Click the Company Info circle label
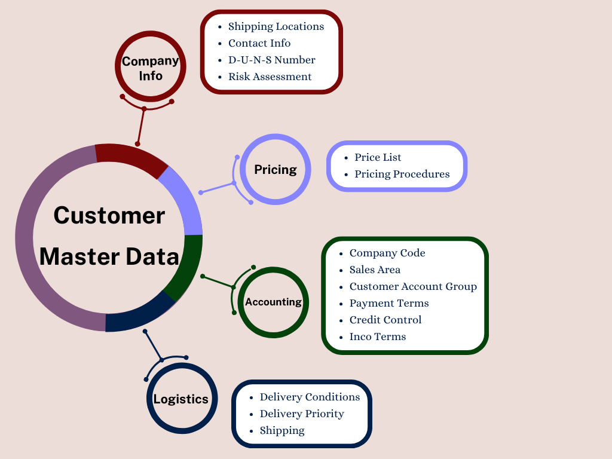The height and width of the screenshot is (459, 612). (151, 68)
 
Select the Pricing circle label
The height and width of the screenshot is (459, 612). (275, 169)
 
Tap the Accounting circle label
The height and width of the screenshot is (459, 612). (273, 302)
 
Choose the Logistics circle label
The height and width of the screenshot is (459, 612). (181, 399)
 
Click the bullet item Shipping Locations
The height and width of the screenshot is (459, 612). (276, 26)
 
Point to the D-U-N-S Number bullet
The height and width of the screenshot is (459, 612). (271, 60)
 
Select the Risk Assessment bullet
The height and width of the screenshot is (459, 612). (270, 76)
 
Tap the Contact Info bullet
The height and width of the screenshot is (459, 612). (259, 43)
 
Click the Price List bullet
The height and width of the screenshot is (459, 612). (378, 157)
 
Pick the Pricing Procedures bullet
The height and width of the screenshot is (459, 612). (402, 174)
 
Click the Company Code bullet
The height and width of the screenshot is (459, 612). (387, 253)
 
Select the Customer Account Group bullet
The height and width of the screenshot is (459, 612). (413, 286)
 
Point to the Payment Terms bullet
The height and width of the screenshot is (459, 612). (389, 303)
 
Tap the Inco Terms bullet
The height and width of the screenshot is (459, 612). (378, 336)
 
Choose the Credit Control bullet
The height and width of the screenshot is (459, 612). (385, 320)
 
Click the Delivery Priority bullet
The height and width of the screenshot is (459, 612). (302, 414)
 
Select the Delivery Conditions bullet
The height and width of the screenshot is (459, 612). (310, 397)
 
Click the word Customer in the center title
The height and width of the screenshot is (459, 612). (109, 215)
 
